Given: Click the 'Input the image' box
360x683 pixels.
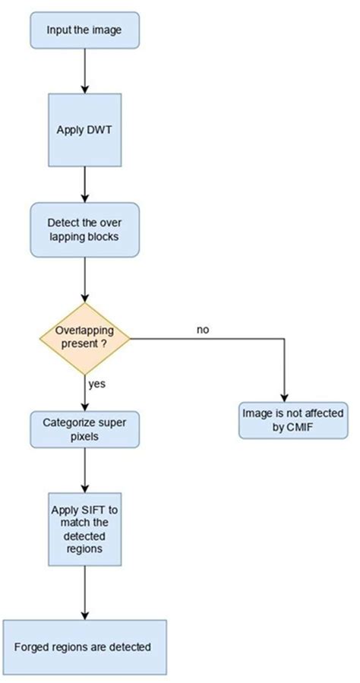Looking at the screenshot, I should point(84,30).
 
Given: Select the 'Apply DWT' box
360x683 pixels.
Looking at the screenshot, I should point(84,130).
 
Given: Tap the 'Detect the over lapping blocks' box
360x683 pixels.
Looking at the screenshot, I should point(84,230).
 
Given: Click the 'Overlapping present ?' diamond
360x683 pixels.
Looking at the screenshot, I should point(84,337).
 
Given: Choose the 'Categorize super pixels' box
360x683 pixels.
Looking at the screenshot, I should point(84,430).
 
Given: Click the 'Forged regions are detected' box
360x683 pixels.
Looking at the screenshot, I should point(84,647).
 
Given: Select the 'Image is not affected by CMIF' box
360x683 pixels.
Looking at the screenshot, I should point(293,419).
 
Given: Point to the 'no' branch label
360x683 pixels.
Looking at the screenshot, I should point(203,330).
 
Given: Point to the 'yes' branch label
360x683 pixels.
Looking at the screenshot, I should point(96,384).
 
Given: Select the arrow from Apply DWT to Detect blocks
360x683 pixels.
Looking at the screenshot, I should point(84,185).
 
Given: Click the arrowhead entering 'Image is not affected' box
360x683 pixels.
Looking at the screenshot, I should point(284,396).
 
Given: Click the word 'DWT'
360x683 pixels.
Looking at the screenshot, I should point(97,130).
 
